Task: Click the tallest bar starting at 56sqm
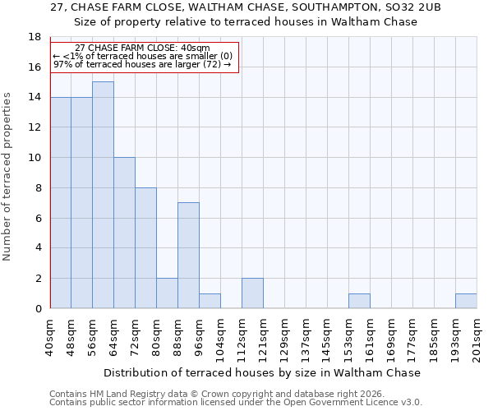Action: coord(103,195)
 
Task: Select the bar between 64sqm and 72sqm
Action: coord(124,233)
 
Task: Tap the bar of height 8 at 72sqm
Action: coord(145,247)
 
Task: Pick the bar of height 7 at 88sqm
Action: coord(188,255)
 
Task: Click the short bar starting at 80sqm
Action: coord(167,293)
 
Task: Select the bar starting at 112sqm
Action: coord(252,293)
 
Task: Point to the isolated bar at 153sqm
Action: coord(359,301)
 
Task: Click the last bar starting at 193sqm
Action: coord(466,301)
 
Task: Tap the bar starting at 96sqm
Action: coord(210,301)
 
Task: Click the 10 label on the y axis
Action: coord(35,158)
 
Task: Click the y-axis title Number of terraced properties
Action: coord(8,176)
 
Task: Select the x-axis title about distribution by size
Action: coord(262,372)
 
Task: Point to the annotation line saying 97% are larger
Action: coord(142,64)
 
